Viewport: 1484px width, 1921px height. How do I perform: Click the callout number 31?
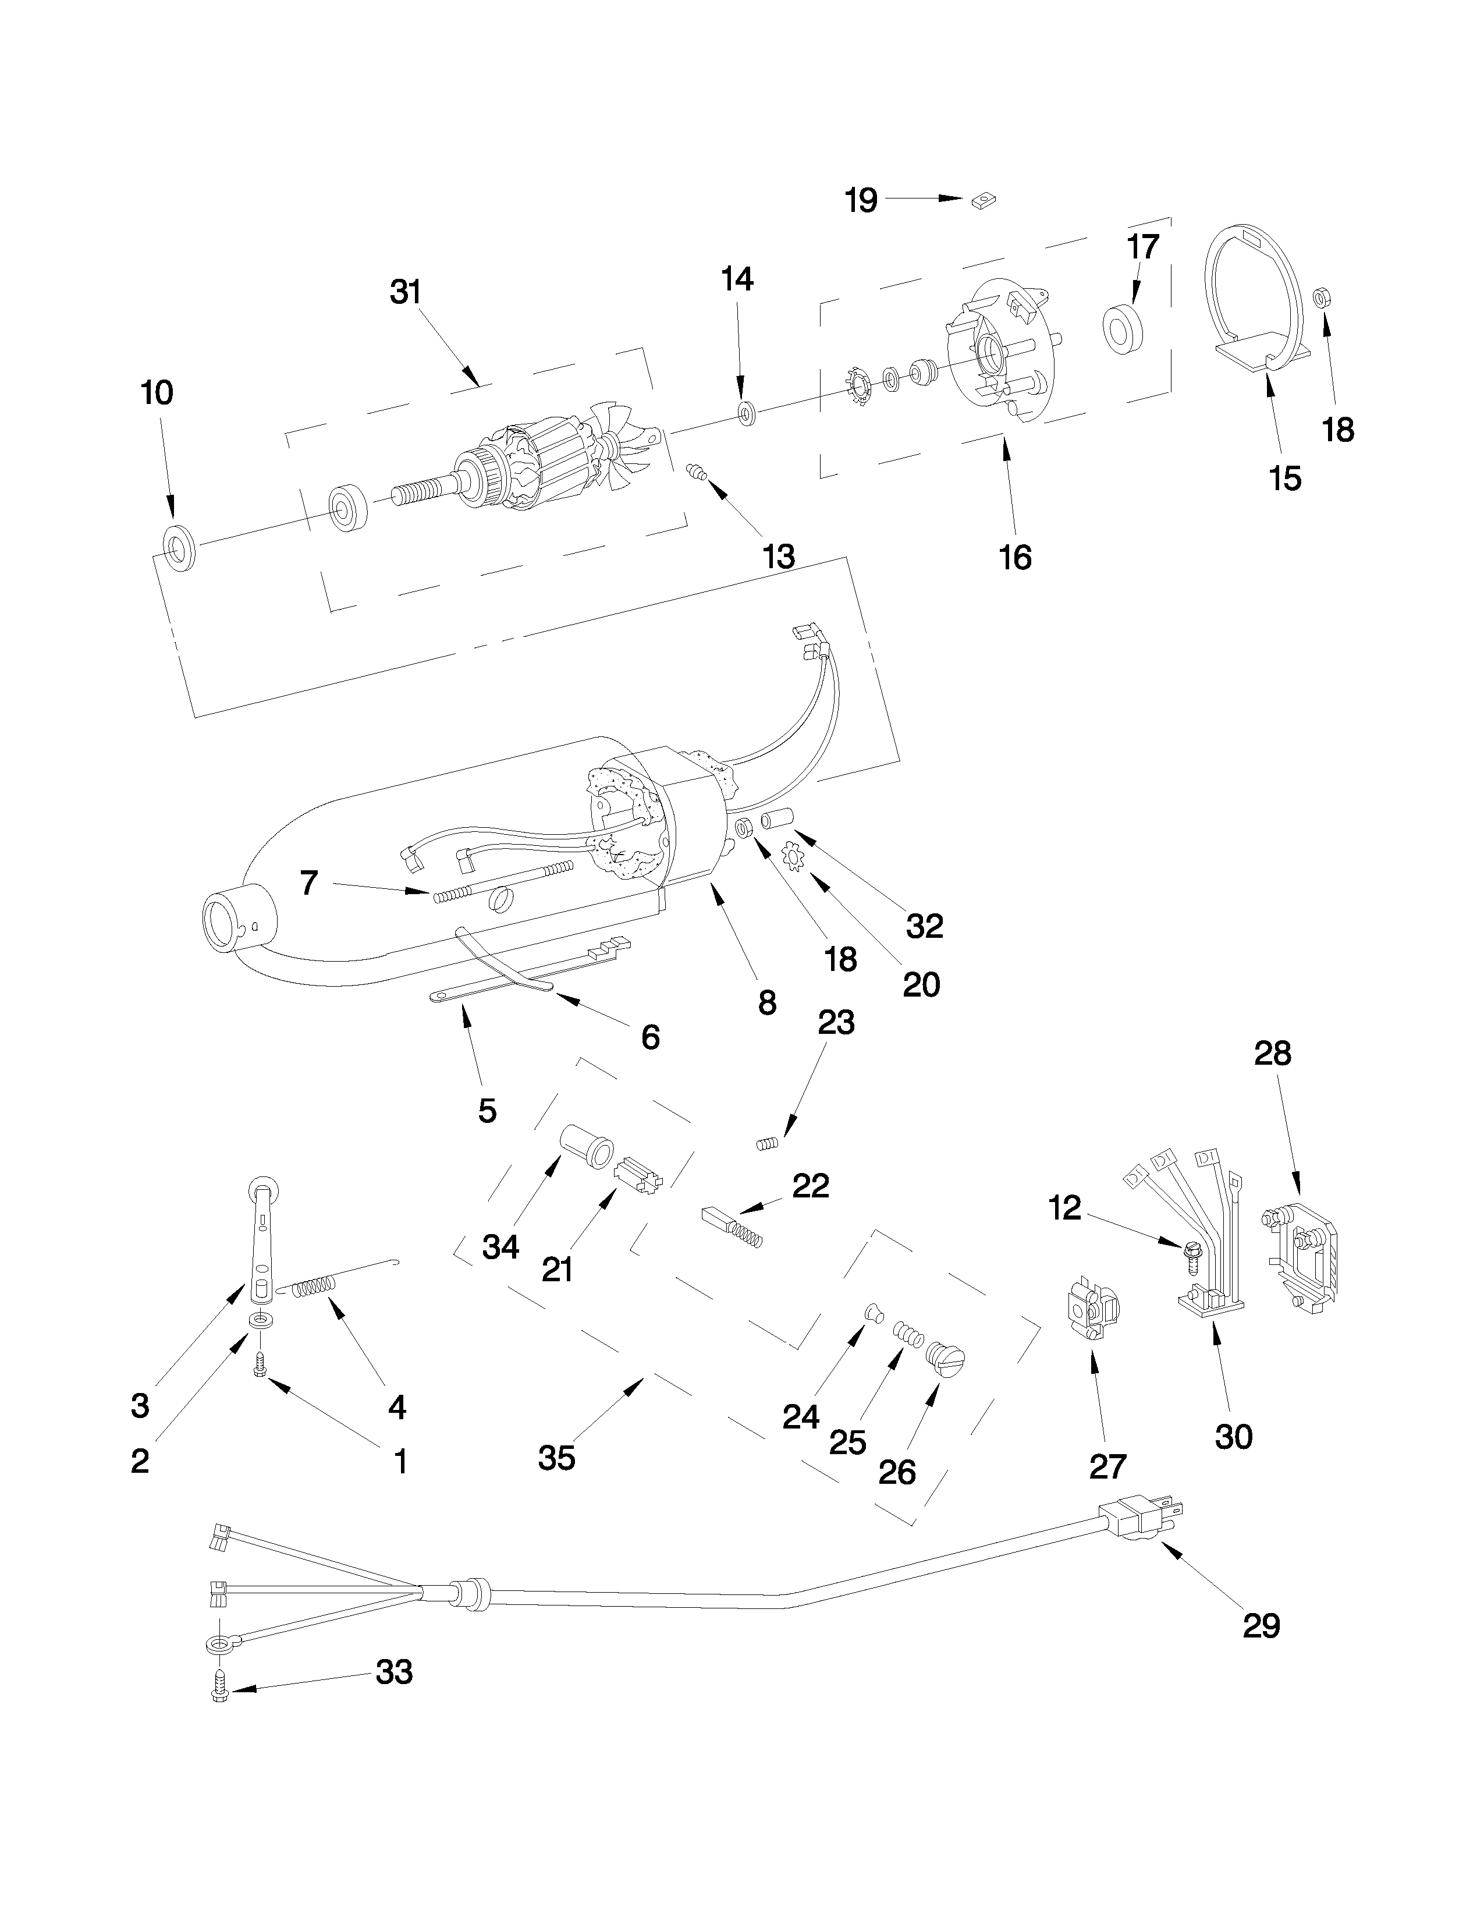click(405, 292)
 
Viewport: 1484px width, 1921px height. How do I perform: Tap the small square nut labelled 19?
click(982, 203)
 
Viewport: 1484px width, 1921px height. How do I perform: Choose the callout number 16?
click(1016, 557)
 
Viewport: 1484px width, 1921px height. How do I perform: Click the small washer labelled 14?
click(748, 413)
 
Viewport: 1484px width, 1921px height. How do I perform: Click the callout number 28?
click(1272, 1053)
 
